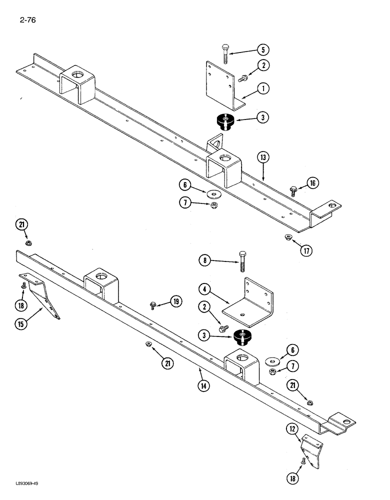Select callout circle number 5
[x=263, y=49]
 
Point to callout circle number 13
[x=263, y=157]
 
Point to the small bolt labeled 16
[x=293, y=190]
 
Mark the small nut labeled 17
[x=288, y=236]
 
